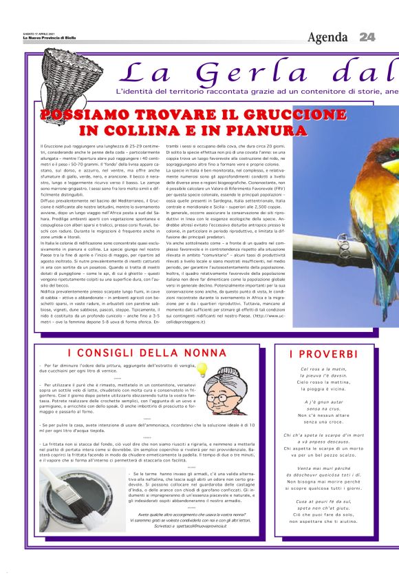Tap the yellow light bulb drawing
click(202, 370)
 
